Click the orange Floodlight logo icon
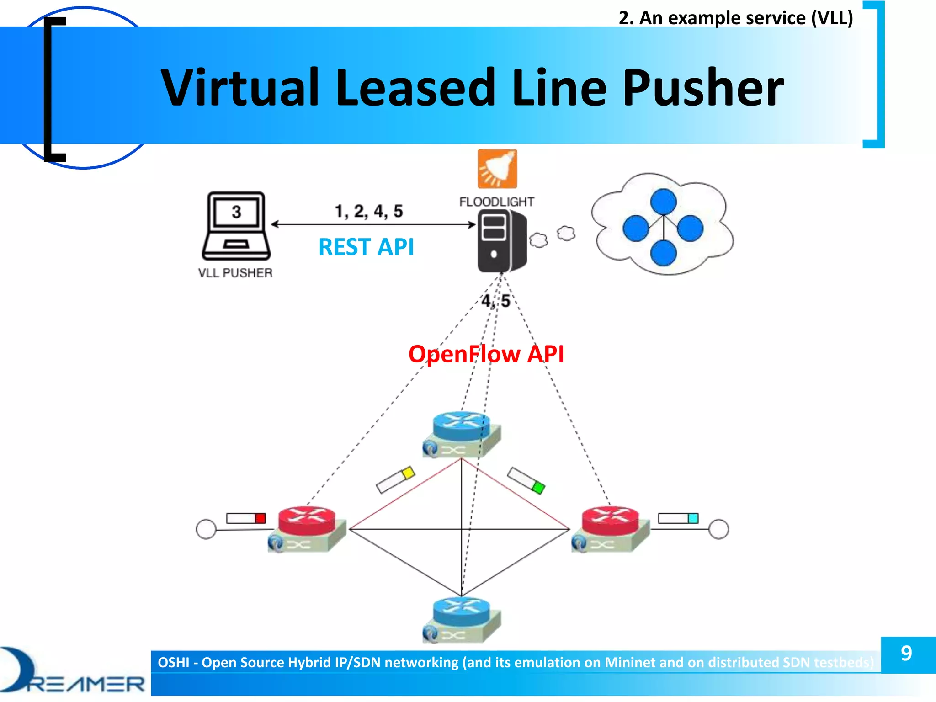497,169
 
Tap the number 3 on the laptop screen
236,212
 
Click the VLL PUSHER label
235,273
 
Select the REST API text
366,247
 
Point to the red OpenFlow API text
486,354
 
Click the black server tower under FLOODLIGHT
501,241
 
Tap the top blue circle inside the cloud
663,201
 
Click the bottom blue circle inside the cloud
663,253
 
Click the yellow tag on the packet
408,473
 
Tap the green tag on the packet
539,487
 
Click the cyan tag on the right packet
693,518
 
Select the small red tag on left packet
260,518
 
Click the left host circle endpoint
206,529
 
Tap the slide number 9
907,654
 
